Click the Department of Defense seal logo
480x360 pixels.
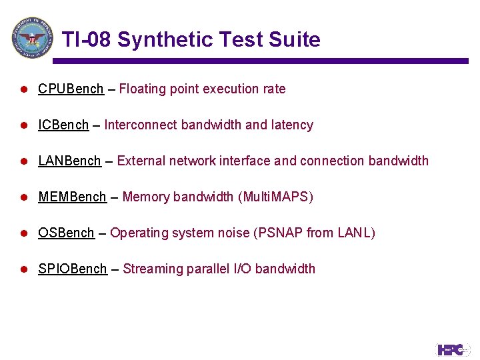pos(32,37)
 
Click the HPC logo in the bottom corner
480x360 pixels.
pos(453,349)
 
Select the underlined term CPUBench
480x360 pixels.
pos(71,89)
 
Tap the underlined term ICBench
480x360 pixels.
pos(63,125)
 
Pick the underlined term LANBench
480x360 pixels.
pos(69,161)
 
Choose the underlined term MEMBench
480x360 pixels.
pos(72,197)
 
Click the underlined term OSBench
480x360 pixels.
pos(66,233)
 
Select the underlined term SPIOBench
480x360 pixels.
pos(72,269)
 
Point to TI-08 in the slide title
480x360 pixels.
pos(87,40)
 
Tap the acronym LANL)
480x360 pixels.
pos(357,233)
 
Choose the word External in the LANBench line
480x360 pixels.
pos(141,161)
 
